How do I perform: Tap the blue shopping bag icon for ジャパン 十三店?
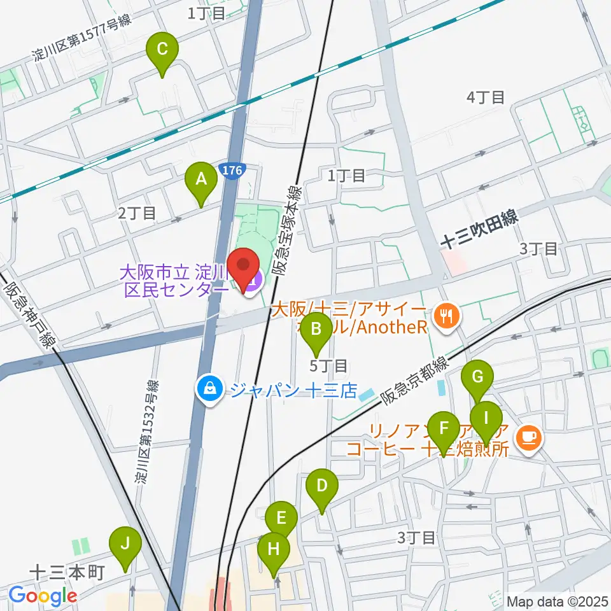click(209, 389)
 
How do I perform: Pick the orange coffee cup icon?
click(529, 436)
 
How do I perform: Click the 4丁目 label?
click(486, 97)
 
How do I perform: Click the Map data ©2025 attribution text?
click(558, 600)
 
